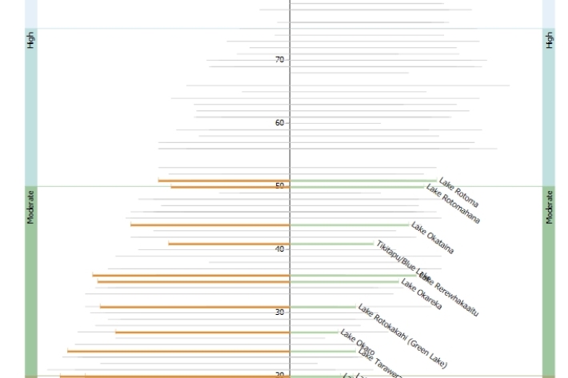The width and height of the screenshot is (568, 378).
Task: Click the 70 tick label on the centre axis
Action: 280,60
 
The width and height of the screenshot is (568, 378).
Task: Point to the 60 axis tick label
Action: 280,123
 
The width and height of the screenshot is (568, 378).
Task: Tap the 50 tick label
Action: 280,185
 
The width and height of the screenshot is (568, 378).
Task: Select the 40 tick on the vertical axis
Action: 280,249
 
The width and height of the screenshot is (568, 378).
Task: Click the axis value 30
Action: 280,312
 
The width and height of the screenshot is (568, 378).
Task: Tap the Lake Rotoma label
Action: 459,193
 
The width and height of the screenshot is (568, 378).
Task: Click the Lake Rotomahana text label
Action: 453,205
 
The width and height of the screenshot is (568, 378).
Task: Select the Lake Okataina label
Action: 433,238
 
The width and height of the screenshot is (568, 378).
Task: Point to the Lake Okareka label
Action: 421,294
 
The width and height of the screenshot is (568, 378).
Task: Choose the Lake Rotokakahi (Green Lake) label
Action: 402,336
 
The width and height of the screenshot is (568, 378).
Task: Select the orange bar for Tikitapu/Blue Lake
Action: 229,244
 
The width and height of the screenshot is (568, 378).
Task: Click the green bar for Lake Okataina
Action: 349,225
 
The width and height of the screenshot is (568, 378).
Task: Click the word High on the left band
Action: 31,41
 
